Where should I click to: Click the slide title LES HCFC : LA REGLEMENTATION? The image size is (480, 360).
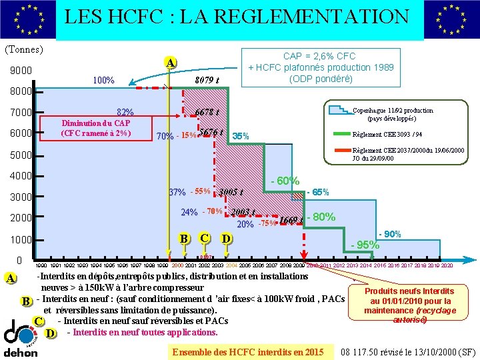[x=237, y=16]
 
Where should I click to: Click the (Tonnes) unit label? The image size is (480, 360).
[x=24, y=49]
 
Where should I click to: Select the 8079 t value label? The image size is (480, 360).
[x=207, y=81]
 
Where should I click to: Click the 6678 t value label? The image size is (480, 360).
[x=207, y=111]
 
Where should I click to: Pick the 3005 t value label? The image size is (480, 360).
[x=231, y=193]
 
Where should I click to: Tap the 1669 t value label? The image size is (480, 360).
[x=291, y=220]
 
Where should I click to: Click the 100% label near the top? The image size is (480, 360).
[x=103, y=81]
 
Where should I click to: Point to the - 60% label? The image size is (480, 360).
[x=285, y=181]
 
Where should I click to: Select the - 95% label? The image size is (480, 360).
[x=365, y=244]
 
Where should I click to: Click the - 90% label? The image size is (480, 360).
[x=389, y=235]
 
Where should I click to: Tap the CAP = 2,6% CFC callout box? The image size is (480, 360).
[x=320, y=67]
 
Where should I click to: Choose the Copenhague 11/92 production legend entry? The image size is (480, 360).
[x=392, y=114]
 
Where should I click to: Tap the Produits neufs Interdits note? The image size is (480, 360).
[x=410, y=305]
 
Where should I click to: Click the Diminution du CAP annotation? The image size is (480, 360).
[x=95, y=127]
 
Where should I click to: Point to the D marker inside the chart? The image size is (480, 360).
[x=227, y=239]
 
